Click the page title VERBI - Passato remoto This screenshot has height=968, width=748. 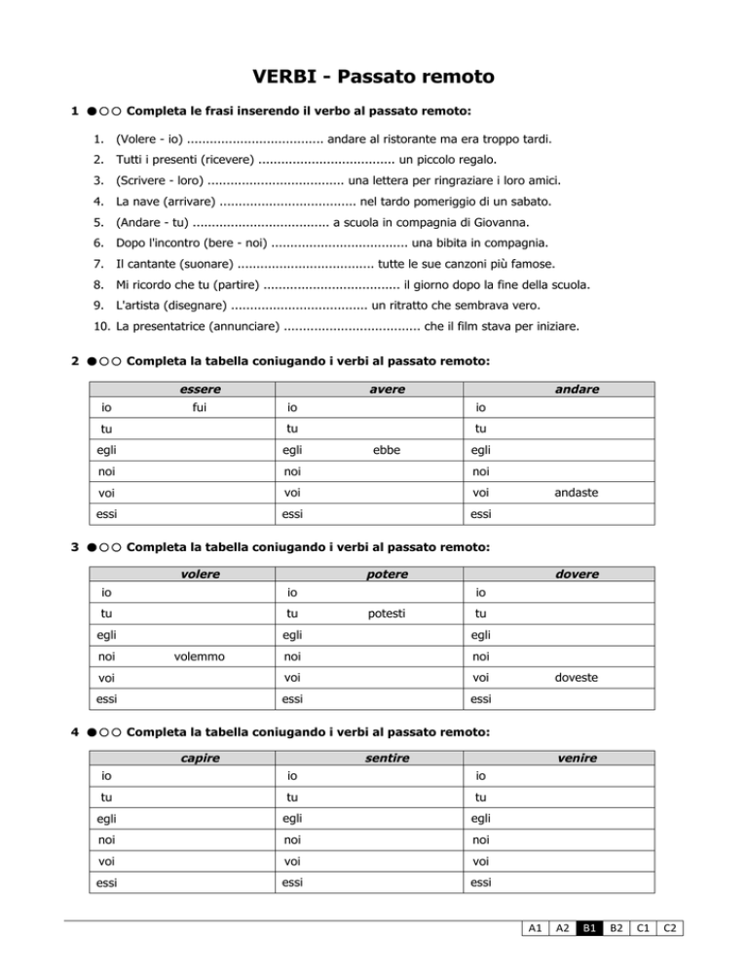[373, 75]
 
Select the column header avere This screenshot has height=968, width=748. [388, 389]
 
